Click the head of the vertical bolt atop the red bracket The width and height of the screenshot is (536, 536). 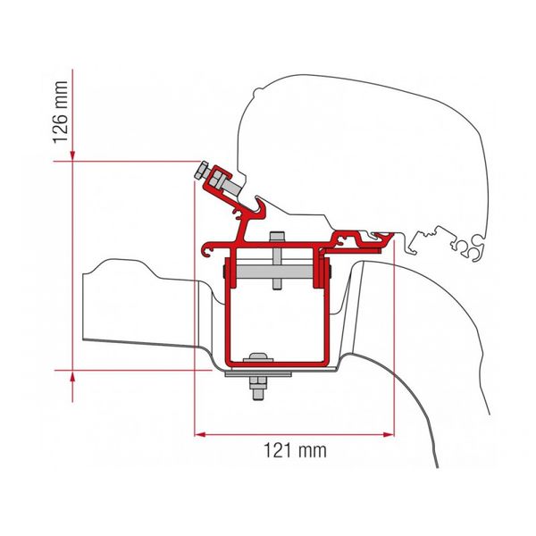[276, 237]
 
